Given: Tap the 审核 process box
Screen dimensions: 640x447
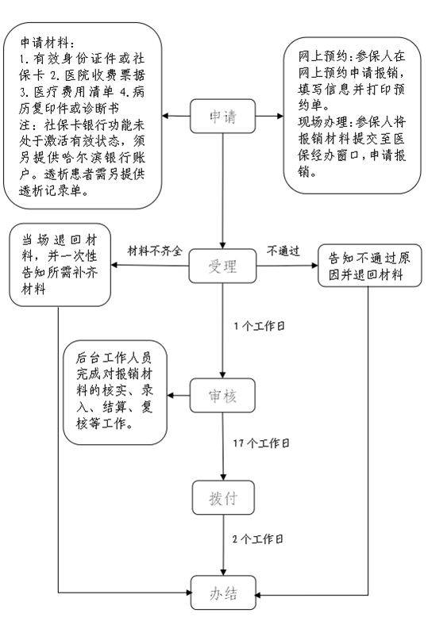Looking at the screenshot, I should point(223,394).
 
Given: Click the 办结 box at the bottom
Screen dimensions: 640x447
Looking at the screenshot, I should point(223,593).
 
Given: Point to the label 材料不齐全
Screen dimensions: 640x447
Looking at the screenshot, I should point(156,251).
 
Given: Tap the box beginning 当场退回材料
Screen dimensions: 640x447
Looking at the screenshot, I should point(60,264).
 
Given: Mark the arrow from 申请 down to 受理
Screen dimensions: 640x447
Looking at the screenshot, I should point(223,190).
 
